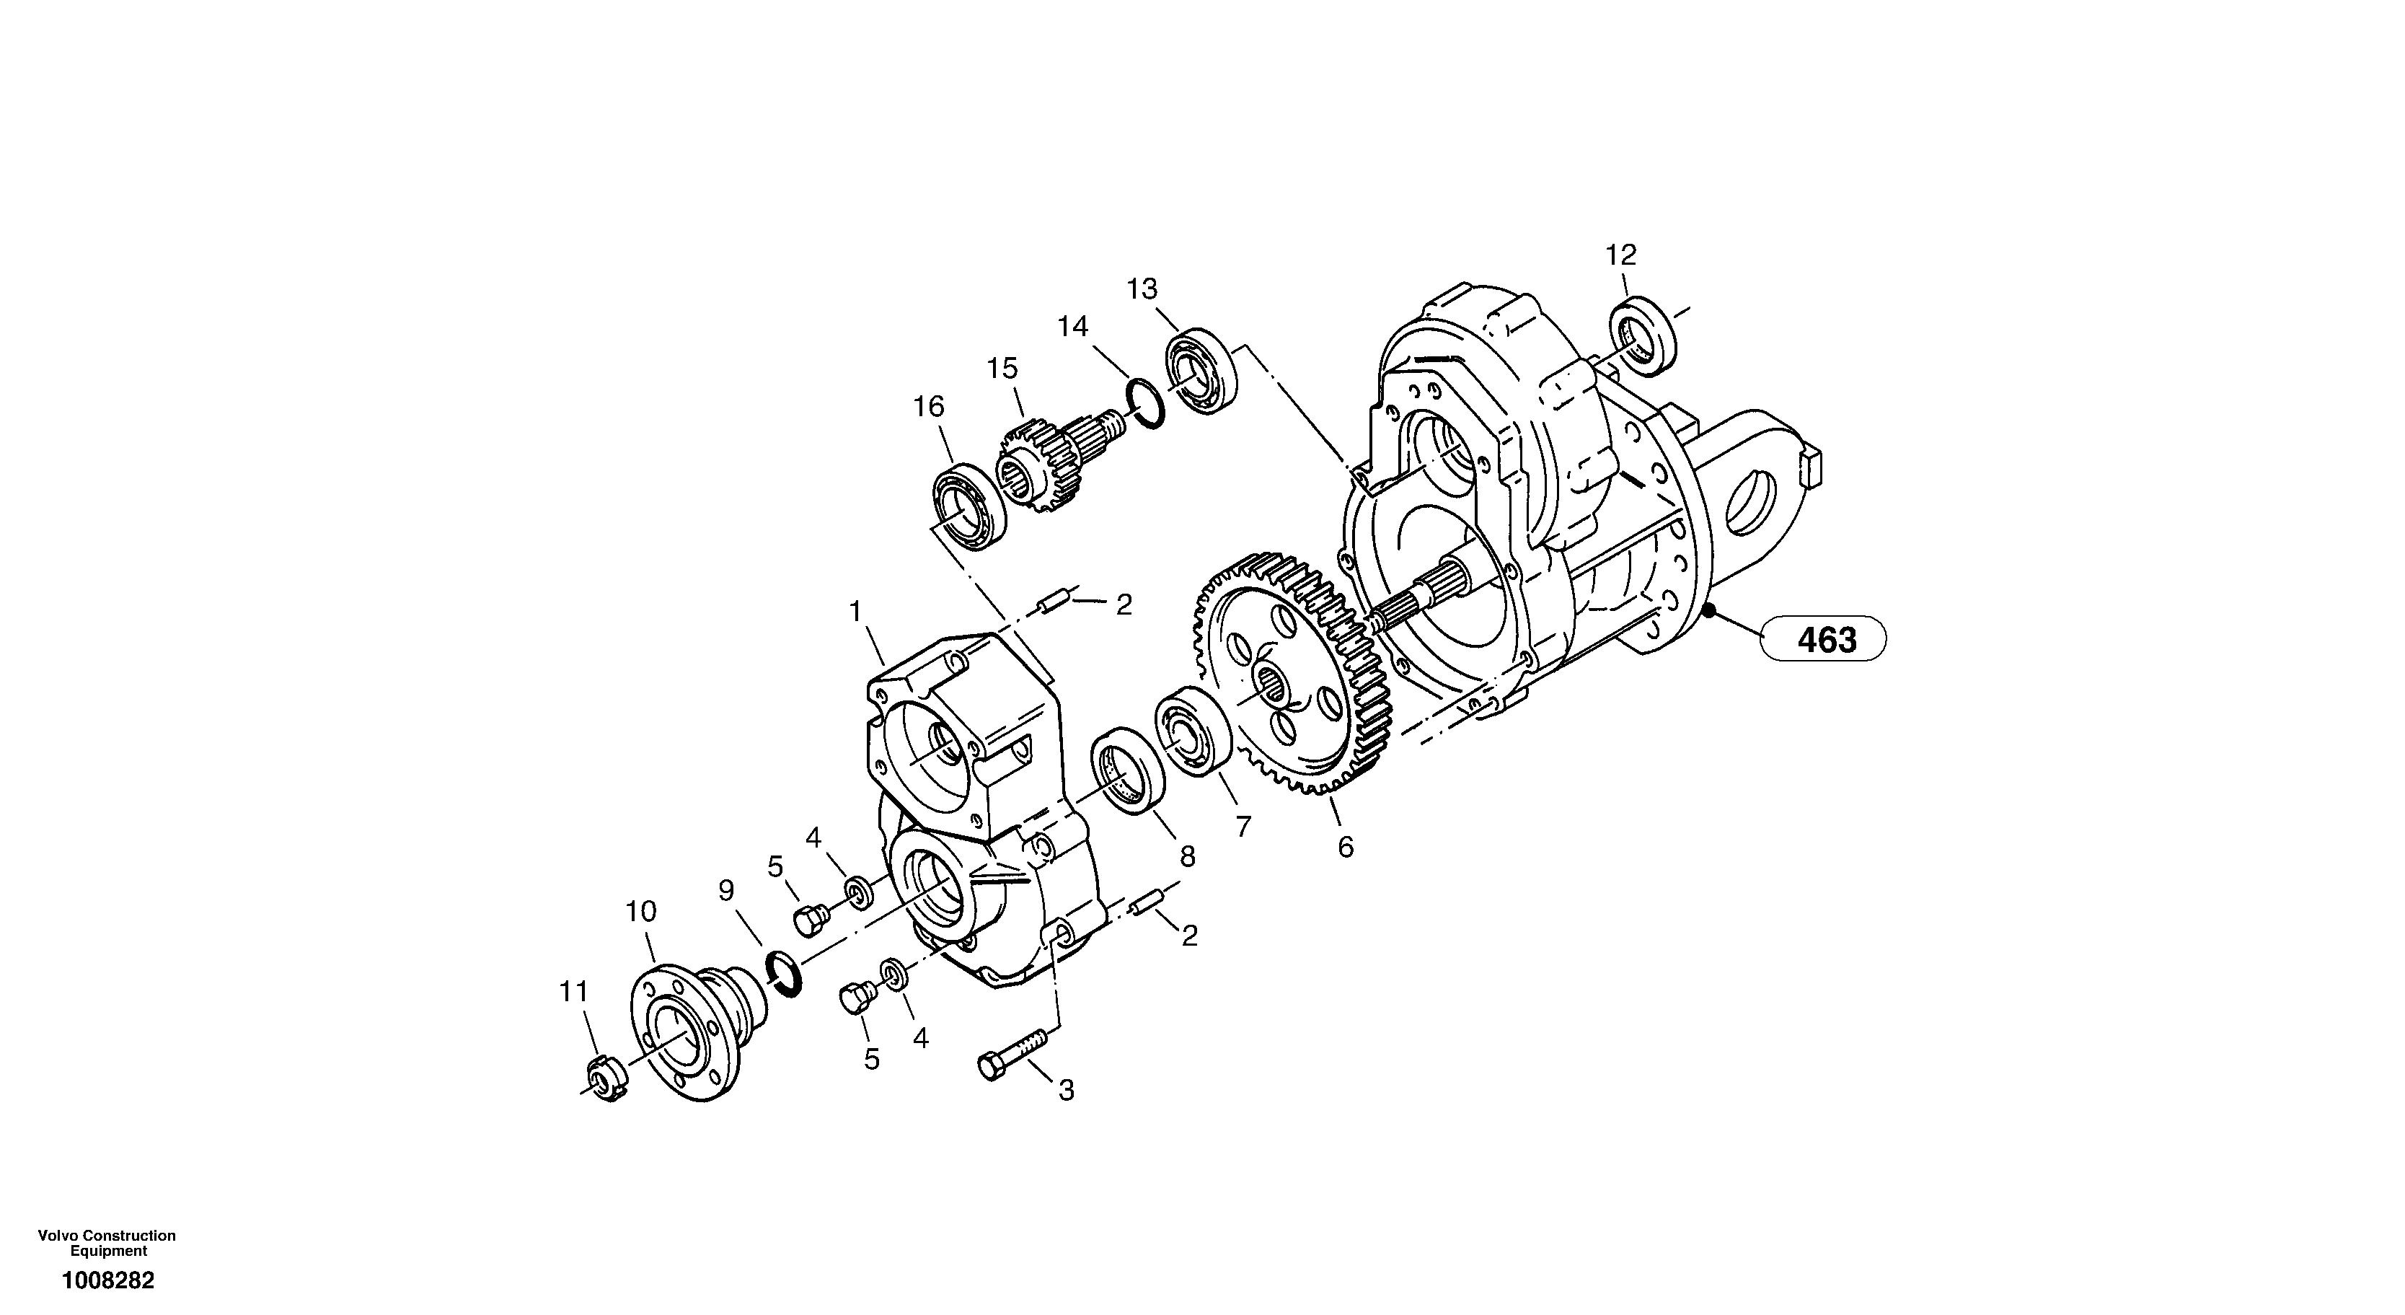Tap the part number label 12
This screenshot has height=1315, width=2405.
[x=1621, y=254]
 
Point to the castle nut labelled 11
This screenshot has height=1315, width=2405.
[x=608, y=1083]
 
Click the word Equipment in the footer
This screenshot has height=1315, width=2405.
[x=109, y=1252]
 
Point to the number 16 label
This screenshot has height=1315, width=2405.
[x=928, y=406]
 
